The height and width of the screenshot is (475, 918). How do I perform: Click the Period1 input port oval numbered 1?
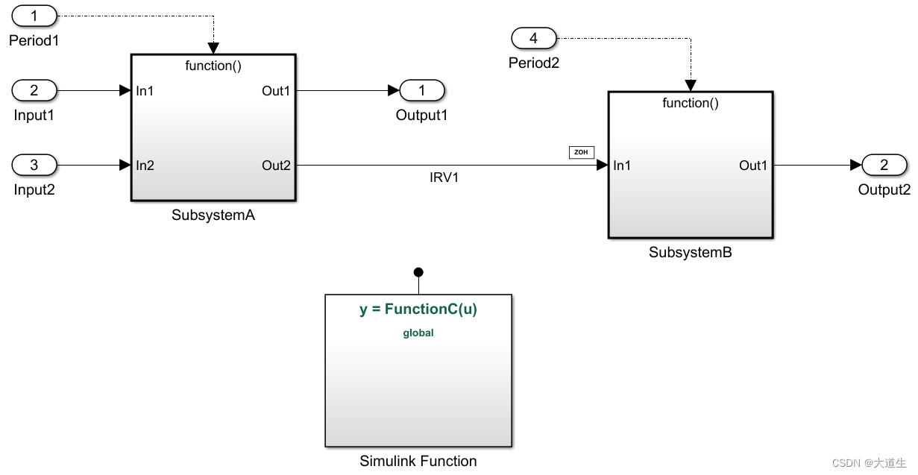click(x=34, y=16)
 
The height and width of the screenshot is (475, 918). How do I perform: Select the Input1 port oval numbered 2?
click(x=34, y=91)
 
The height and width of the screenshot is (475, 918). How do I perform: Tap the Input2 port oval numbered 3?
click(x=34, y=165)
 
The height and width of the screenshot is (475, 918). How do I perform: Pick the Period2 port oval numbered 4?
click(x=533, y=38)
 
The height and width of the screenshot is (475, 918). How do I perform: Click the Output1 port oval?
click(x=422, y=91)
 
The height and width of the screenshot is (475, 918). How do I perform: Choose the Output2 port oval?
click(x=884, y=165)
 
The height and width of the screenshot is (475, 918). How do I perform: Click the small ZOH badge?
click(x=582, y=152)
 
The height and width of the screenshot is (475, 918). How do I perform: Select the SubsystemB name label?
click(x=691, y=252)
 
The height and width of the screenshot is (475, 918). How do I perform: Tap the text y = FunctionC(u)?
click(x=418, y=309)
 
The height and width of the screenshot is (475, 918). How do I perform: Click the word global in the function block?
click(x=418, y=333)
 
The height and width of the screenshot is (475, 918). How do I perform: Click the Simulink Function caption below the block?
click(x=418, y=461)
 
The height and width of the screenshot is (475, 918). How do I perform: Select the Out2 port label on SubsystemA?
click(x=276, y=165)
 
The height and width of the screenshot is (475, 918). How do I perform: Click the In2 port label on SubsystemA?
click(x=145, y=165)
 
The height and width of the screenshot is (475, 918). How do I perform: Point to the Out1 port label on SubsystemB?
click(x=753, y=165)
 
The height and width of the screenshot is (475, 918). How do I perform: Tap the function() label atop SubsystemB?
click(x=691, y=103)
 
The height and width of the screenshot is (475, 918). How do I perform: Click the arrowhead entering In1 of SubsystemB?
click(x=603, y=165)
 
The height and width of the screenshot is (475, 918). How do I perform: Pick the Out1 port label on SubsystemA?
click(x=276, y=91)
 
